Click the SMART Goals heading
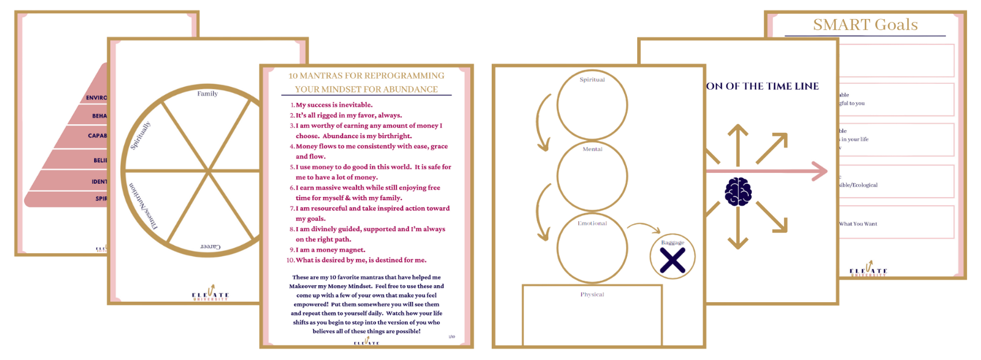coord(865,24)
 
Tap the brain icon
coord(738,191)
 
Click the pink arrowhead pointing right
coord(819,171)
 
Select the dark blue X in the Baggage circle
coord(672,259)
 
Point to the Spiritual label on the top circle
coord(592,80)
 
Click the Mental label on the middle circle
coord(592,149)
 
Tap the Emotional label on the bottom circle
coord(592,223)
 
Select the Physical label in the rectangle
coord(592,295)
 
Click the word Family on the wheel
coord(207,94)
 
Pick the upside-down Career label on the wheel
coord(210,247)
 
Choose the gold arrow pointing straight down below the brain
coord(738,231)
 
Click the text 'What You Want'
coord(858,224)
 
